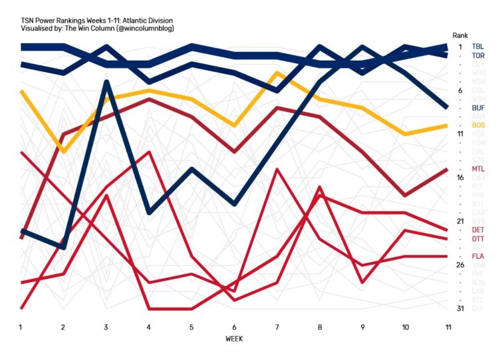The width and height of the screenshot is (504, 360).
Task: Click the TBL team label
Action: click(x=477, y=47)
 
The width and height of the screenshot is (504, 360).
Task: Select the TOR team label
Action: click(x=477, y=56)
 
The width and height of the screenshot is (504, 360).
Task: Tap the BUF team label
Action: click(x=477, y=108)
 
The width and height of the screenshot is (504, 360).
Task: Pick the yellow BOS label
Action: click(x=477, y=125)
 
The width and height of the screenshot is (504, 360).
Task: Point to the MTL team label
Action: click(x=477, y=169)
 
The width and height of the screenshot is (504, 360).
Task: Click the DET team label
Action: click(x=477, y=230)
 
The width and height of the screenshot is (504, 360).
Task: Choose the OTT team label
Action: click(x=477, y=239)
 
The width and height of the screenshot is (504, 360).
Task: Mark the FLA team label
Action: click(x=477, y=256)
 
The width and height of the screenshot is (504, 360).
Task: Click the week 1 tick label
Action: click(x=21, y=327)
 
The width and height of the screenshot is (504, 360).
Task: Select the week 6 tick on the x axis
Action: click(x=234, y=327)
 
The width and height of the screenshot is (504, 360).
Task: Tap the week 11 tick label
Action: click(x=448, y=327)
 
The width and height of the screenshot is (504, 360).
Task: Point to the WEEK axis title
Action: click(x=234, y=339)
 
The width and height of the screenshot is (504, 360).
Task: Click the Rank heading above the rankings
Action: click(x=460, y=35)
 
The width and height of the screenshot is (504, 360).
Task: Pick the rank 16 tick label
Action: click(x=459, y=178)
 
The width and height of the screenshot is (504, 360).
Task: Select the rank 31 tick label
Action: click(x=459, y=309)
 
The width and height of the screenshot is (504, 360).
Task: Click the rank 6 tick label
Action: click(x=459, y=90)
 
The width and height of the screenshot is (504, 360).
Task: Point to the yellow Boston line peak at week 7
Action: click(x=277, y=73)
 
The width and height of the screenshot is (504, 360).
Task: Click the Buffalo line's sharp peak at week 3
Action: click(x=106, y=82)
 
